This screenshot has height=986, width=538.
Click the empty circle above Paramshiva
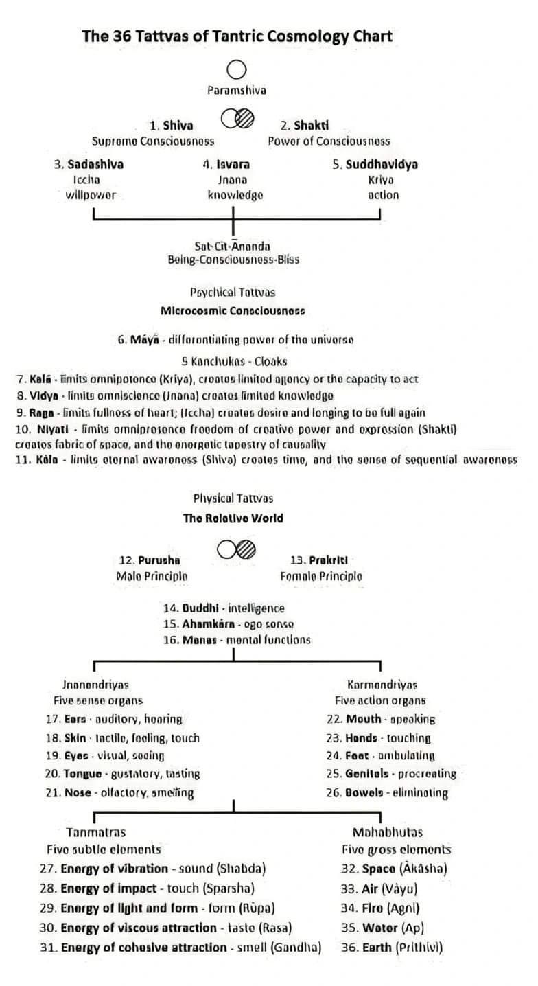[x=237, y=69]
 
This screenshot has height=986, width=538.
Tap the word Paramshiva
[x=237, y=90]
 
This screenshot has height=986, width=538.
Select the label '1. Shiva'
[x=171, y=126]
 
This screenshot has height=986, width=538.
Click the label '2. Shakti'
[x=305, y=126]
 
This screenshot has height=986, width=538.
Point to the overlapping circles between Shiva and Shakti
[x=237, y=119]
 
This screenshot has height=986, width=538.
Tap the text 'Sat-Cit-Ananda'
[x=233, y=246]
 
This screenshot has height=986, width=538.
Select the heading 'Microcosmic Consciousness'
[x=233, y=310]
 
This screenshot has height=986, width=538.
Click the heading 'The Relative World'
[x=233, y=518]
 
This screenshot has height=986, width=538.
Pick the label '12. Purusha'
[x=145, y=560]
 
